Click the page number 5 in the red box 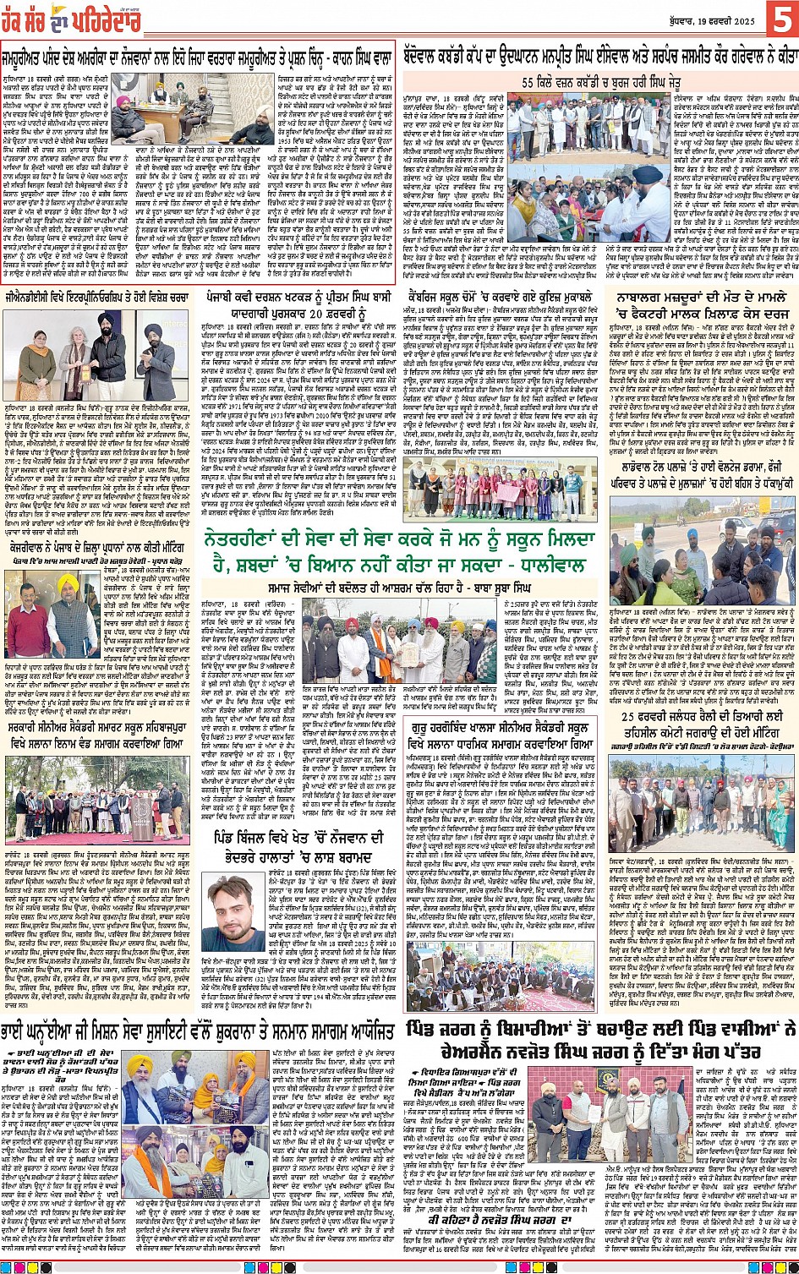pyautogui.click(x=780, y=19)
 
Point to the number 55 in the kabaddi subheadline pyautogui.click(x=529, y=82)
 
